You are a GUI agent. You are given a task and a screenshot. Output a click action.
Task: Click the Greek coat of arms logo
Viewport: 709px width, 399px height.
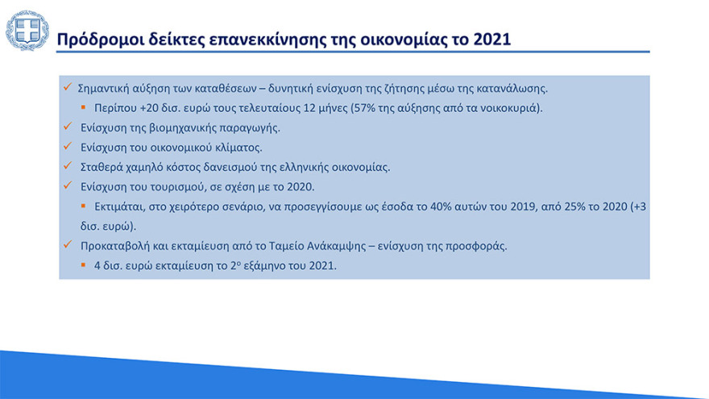click(x=27, y=31)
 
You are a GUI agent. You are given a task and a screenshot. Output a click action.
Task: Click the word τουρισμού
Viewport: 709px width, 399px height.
click(x=185, y=187)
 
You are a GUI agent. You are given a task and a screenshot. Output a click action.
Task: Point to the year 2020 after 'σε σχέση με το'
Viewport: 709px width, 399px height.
click(x=297, y=187)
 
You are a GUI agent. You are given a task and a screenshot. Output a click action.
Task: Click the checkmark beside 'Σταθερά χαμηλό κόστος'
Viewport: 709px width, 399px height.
click(x=68, y=167)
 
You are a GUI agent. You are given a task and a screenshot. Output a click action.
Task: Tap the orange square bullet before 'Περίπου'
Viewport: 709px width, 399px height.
click(x=83, y=107)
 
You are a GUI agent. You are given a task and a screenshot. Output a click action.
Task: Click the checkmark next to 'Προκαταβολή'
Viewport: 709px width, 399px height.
click(x=68, y=246)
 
